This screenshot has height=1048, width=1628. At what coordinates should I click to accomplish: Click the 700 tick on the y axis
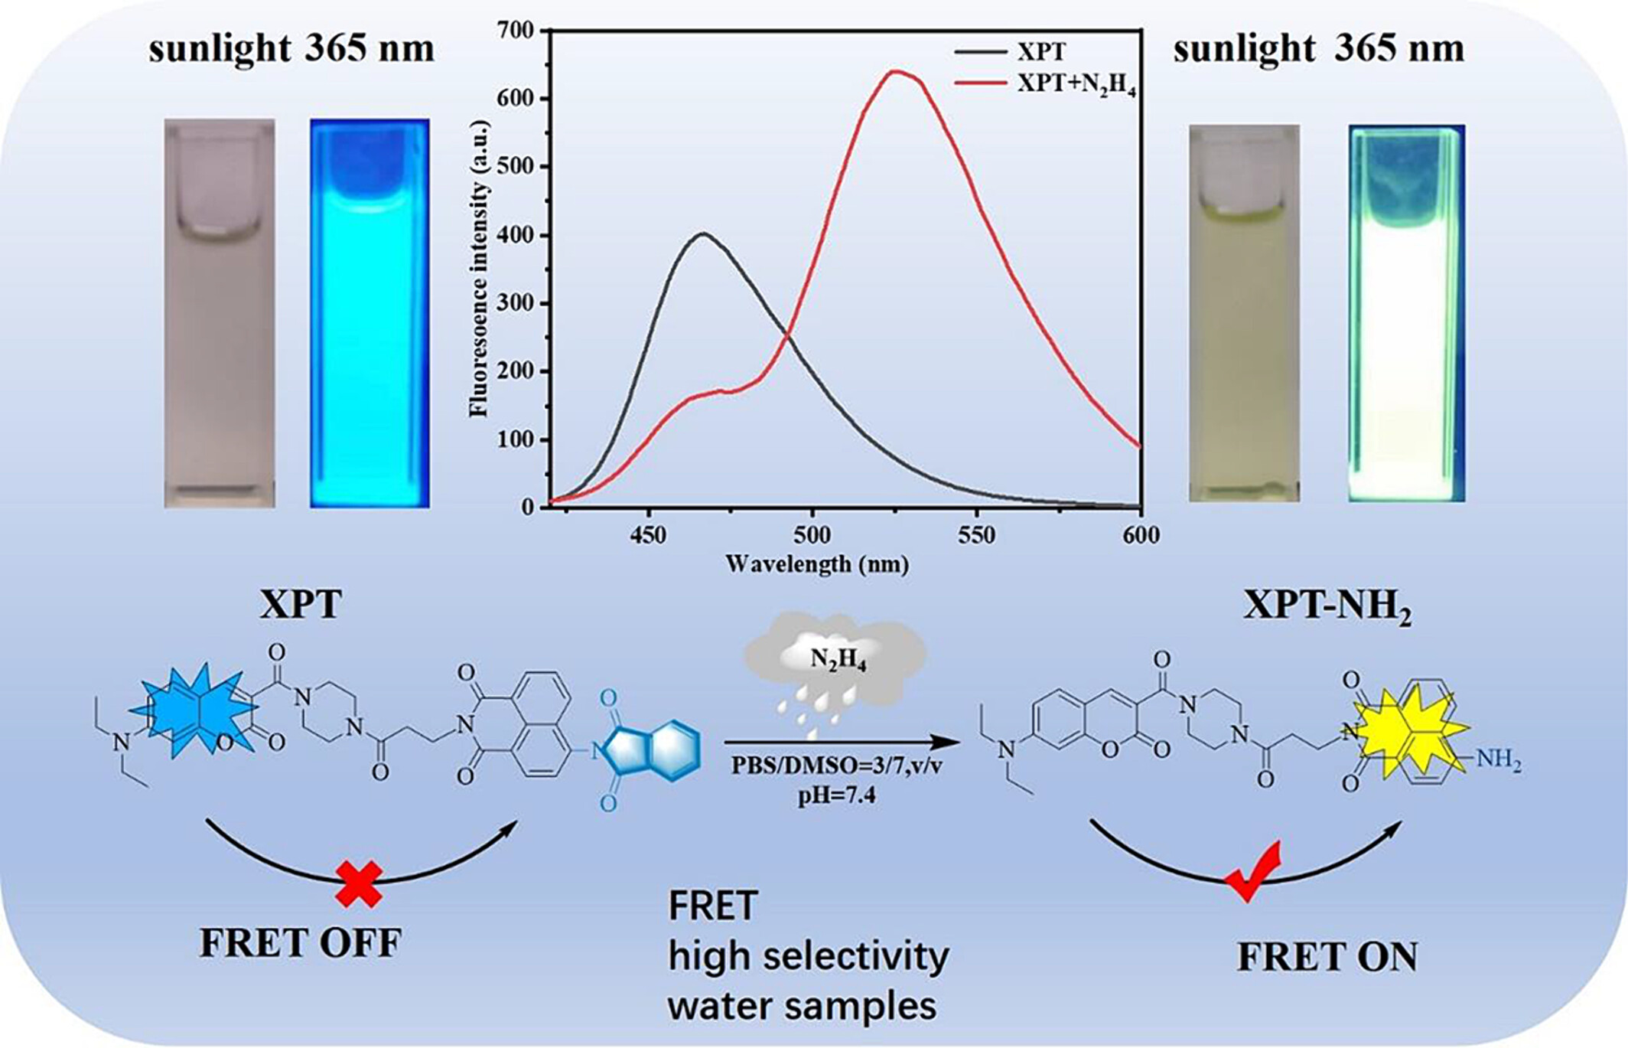[516, 31]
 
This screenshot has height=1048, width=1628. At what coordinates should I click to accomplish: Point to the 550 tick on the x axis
[976, 534]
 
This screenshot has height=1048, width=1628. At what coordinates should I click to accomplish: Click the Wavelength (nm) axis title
[817, 565]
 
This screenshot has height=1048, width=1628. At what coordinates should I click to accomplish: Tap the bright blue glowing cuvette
[370, 313]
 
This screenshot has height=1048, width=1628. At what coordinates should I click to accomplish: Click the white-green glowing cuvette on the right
[1405, 314]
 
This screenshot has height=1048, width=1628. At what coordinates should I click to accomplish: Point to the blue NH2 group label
[1497, 759]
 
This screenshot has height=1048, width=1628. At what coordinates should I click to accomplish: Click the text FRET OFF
[301, 943]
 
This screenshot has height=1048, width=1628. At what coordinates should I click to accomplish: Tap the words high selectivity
[808, 956]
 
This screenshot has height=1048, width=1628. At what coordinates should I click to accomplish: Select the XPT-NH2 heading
[1327, 606]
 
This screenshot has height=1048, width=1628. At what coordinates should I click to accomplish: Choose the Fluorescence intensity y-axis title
[479, 268]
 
